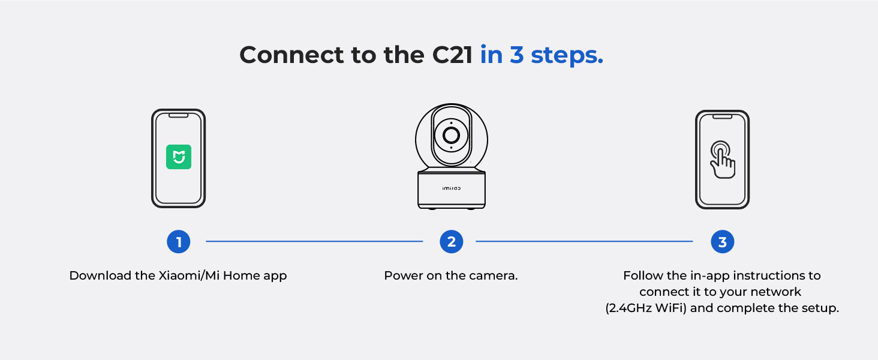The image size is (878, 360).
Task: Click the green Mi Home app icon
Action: pyautogui.click(x=178, y=157)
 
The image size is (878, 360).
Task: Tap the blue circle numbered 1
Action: pyautogui.click(x=178, y=242)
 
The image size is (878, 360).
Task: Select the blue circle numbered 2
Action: pyautogui.click(x=451, y=242)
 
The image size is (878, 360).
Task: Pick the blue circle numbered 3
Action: pyautogui.click(x=723, y=242)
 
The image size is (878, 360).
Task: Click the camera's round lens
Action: pyautogui.click(x=451, y=135)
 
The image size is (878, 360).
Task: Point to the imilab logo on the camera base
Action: pyautogui.click(x=451, y=188)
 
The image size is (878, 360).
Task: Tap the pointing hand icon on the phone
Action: pyautogui.click(x=723, y=160)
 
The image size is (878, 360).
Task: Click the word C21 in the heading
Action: pyautogui.click(x=452, y=55)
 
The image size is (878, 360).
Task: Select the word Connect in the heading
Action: pyautogui.click(x=291, y=55)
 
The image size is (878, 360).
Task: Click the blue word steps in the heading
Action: pyautogui.click(x=567, y=56)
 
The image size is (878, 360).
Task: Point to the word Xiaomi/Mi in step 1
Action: pyautogui.click(x=189, y=275)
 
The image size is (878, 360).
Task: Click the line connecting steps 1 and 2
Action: pyautogui.click(x=314, y=241)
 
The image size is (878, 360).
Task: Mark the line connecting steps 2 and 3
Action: pyautogui.click(x=584, y=241)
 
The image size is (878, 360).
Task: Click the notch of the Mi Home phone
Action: pyautogui.click(x=178, y=116)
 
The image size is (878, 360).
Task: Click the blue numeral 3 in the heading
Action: pyautogui.click(x=517, y=55)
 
